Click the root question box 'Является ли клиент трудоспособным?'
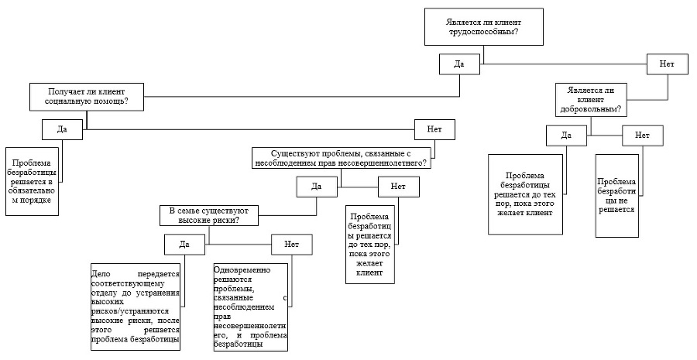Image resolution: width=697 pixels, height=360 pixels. coord(484,26)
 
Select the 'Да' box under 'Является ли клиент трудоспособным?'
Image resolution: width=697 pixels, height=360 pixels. coord(459,64)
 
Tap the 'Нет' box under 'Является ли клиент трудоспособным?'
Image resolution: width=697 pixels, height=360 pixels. coord(667,64)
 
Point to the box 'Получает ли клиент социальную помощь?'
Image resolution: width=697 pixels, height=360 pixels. coord(87,97)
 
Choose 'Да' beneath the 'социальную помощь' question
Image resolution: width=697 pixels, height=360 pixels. coord(62,129)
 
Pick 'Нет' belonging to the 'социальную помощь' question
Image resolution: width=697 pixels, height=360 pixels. coord(434,129)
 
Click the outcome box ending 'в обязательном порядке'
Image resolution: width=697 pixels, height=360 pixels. coord(32,181)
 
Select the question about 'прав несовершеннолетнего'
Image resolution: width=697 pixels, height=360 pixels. coord(342,159)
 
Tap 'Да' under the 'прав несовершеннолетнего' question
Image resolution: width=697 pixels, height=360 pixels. coord(317,187)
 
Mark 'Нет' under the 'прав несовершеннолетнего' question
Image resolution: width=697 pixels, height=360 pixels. coord(398,187)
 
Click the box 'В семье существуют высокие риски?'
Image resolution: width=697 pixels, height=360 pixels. coord(209,215)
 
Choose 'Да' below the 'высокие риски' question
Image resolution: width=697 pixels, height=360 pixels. coord(184,245)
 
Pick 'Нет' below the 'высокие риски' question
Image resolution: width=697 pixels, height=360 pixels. coord(292,245)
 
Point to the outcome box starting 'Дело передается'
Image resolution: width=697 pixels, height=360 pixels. coord(135,307)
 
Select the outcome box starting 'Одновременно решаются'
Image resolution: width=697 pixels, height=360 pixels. coord(250,307)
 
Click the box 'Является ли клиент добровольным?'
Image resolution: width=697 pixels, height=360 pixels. coord(591,100)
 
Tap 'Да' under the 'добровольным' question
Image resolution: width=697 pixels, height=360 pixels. coord(566,135)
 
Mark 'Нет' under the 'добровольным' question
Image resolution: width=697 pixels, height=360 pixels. coord(642,135)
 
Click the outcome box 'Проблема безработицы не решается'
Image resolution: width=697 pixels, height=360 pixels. coord(616,196)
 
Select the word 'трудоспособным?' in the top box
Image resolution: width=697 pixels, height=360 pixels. coord(484,32)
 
